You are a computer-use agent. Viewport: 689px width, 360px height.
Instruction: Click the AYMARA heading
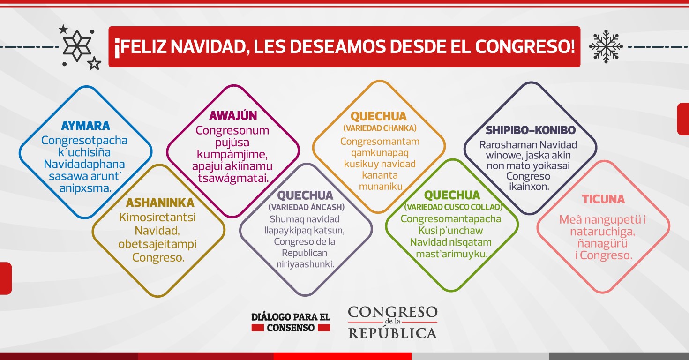point(85,126)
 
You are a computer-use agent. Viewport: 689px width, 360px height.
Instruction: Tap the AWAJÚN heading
point(233,115)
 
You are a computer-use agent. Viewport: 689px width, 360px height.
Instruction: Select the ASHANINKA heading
point(160,202)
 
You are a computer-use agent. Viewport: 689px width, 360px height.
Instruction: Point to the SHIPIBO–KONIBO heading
point(531,130)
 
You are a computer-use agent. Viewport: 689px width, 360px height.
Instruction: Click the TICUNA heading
point(603,199)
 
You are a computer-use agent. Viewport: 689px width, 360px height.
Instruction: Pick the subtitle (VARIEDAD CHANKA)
point(380,128)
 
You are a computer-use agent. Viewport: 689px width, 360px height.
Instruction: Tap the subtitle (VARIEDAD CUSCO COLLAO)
point(453,207)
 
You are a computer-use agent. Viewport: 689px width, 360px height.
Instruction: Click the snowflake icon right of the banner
point(606,46)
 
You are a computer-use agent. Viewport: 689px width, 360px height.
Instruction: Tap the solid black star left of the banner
point(63,29)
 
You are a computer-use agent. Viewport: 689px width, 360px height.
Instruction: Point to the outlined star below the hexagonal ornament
point(94,63)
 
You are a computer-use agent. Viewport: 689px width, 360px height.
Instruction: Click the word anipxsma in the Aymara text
point(85,188)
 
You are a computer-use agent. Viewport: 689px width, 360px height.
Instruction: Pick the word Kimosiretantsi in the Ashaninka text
point(157,217)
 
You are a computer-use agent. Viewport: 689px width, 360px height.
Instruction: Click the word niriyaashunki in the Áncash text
point(305,264)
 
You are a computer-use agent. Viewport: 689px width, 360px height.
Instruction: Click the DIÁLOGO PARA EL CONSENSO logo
point(291,322)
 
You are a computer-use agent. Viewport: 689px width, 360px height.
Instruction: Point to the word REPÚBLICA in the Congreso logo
point(392,333)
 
